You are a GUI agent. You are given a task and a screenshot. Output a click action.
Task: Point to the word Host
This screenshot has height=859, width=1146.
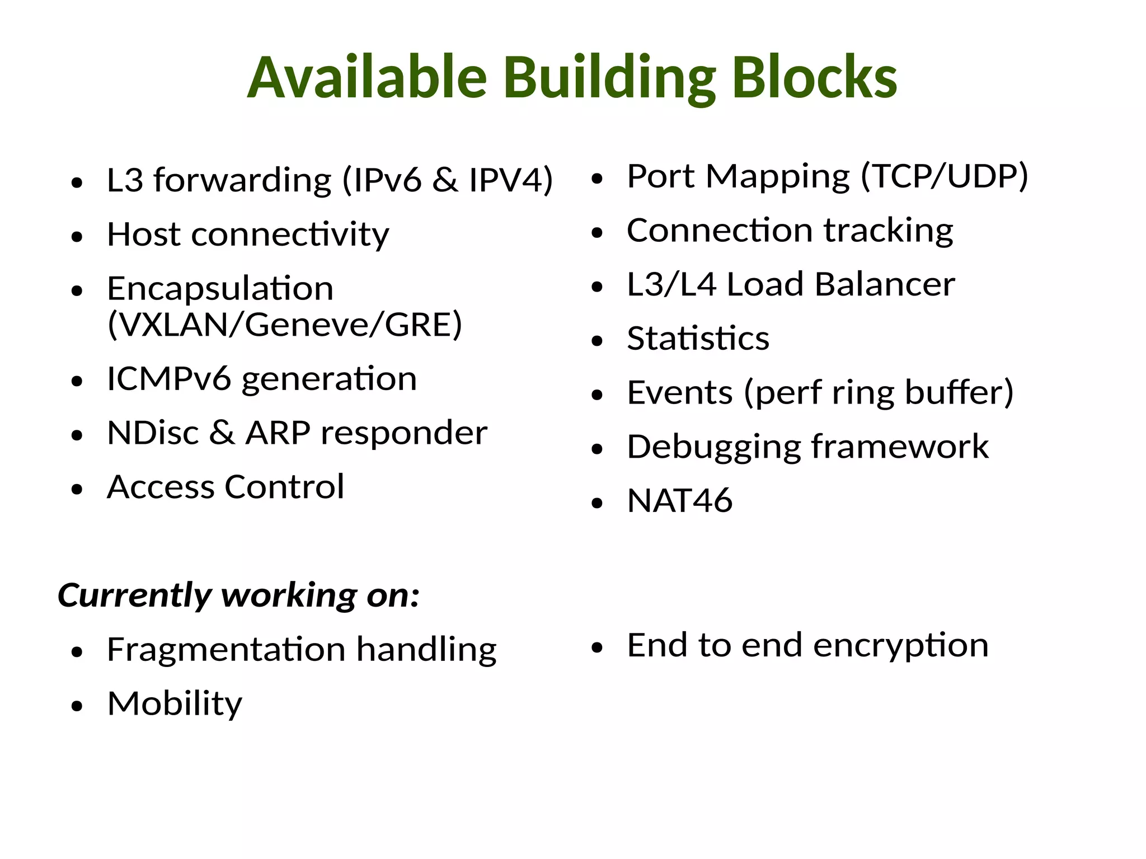144,234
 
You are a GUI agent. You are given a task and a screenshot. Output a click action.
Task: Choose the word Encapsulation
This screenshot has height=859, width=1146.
220,289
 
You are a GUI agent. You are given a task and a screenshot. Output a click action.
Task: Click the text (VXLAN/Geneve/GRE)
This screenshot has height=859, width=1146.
285,325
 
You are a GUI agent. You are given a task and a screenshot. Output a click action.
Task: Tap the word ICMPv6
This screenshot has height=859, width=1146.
168,379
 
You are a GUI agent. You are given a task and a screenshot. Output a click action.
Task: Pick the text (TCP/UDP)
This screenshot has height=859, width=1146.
944,177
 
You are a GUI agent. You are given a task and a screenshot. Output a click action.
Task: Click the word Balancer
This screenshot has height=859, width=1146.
885,284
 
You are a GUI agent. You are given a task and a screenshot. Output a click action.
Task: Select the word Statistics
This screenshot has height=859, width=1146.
698,339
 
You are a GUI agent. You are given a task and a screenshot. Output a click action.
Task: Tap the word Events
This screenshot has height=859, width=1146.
680,392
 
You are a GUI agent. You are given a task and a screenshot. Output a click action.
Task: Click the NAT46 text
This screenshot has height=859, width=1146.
679,500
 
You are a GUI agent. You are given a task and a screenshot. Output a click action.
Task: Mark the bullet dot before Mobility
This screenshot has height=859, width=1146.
77,706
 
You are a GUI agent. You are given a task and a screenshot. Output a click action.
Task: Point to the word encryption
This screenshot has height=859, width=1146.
901,646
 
